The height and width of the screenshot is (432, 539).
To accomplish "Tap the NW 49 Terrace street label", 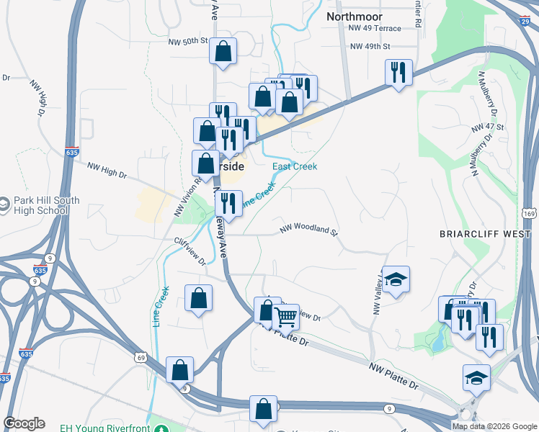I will click(x=373, y=28).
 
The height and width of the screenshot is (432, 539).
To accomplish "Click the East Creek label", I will click(x=294, y=166).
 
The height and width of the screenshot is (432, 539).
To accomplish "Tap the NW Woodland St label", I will click(x=308, y=231).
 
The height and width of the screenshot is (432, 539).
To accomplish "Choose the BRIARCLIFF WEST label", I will click(x=488, y=234).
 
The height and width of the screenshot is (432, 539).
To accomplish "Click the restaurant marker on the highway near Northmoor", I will click(x=398, y=73).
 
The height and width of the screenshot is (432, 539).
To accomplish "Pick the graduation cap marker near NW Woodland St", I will click(x=395, y=279).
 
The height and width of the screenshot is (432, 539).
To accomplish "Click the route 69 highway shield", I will click(x=141, y=357).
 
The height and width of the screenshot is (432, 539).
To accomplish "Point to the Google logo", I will click(x=24, y=423).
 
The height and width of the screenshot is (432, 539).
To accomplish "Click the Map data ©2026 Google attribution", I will click(x=494, y=426).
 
